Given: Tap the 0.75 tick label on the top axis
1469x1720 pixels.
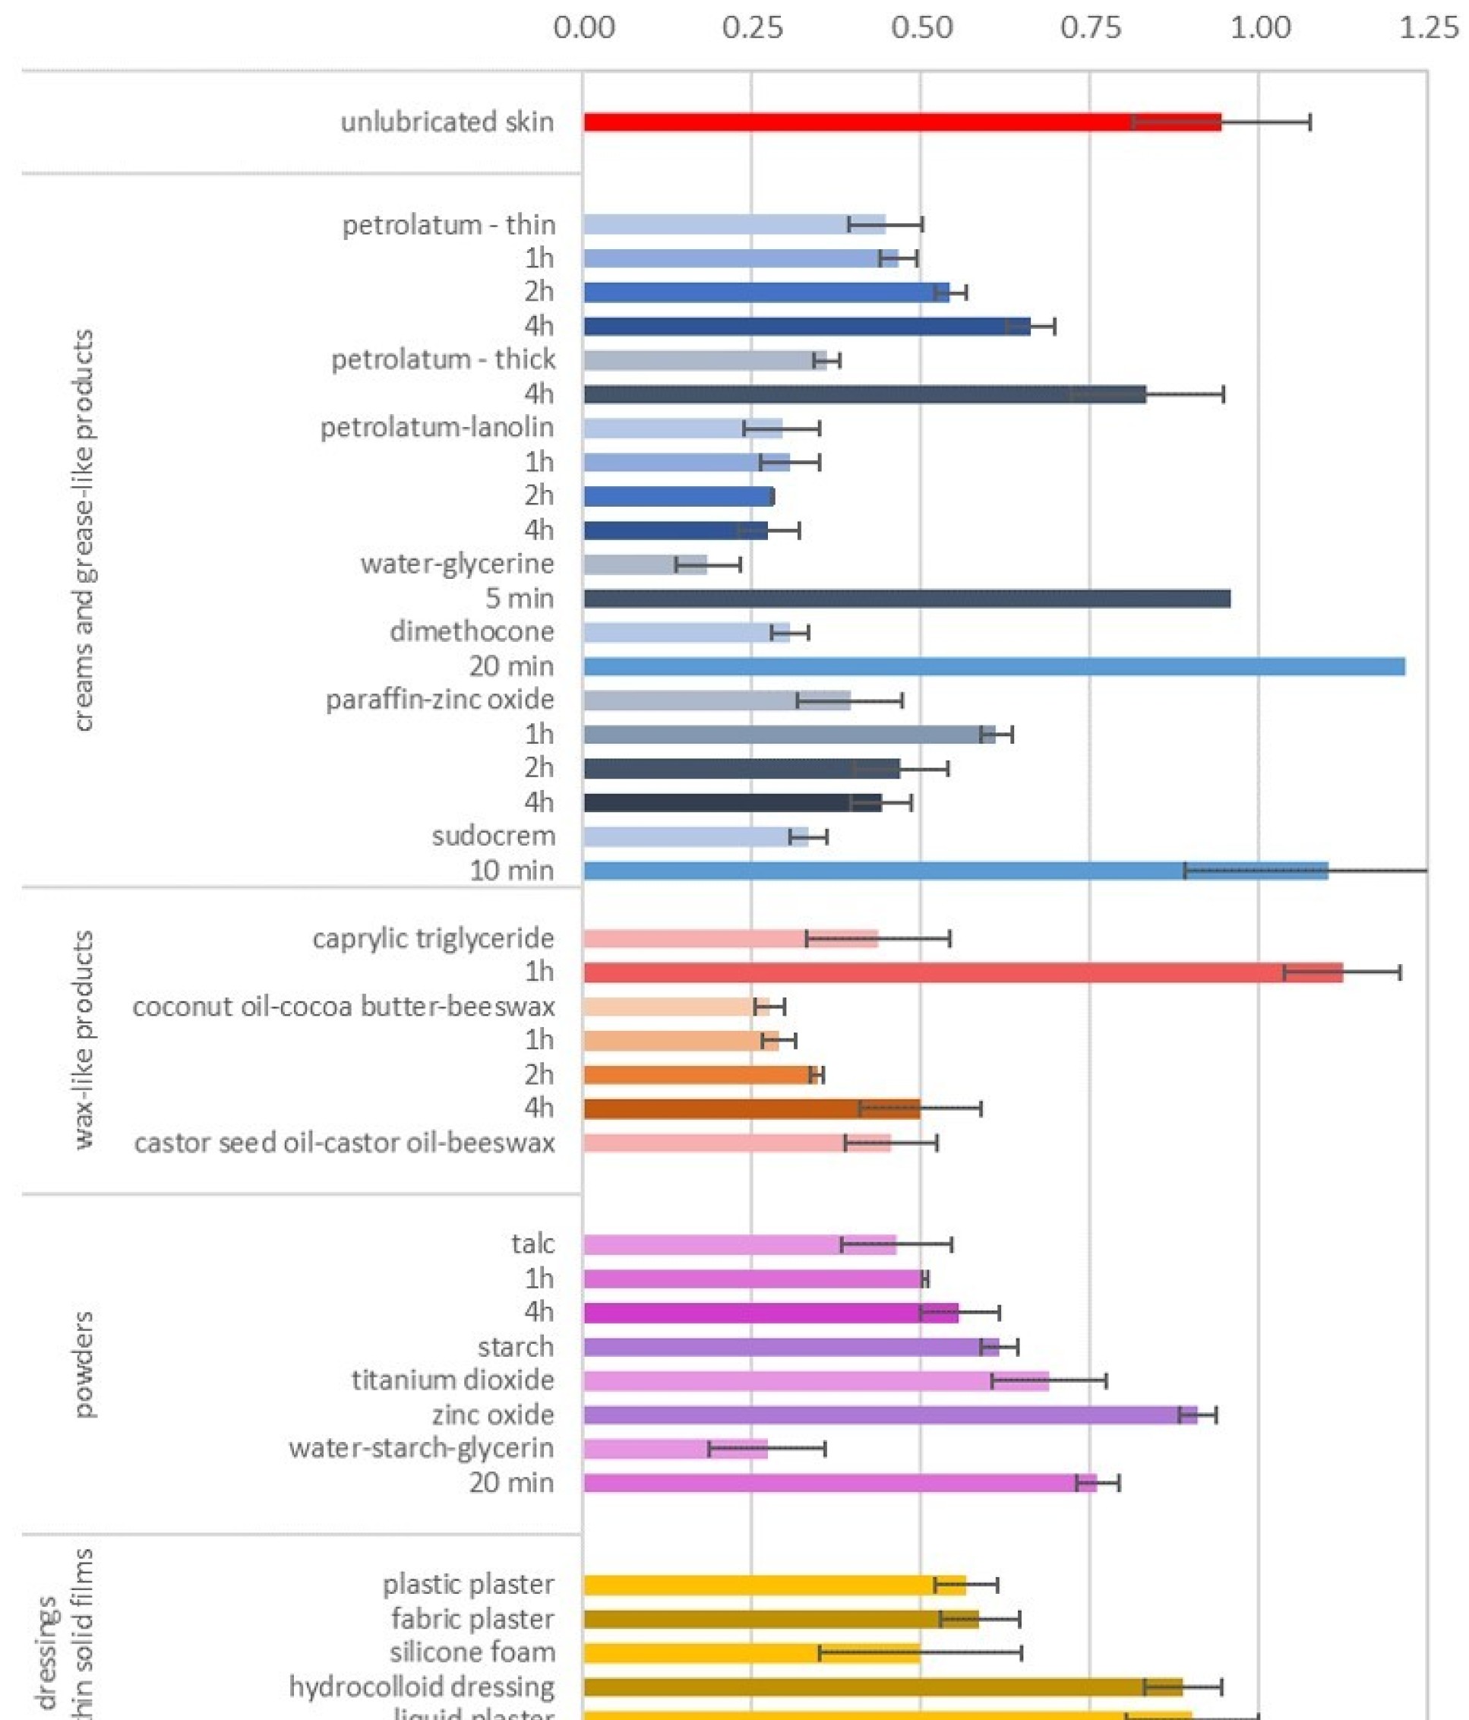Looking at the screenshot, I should (x=1091, y=28).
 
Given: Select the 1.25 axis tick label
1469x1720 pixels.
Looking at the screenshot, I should (x=1427, y=28).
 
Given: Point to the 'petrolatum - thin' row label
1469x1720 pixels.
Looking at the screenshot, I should (x=448, y=225).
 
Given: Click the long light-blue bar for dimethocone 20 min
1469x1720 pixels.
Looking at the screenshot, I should (x=994, y=666).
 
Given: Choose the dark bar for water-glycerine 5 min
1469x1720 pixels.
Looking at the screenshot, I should (x=906, y=599).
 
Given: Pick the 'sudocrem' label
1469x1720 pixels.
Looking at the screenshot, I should (x=493, y=836).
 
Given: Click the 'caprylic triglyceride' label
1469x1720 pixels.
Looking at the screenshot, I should (x=433, y=938).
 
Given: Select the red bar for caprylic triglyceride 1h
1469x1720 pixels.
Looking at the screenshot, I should (x=962, y=972).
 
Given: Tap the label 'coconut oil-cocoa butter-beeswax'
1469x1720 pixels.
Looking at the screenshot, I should (x=343, y=1006).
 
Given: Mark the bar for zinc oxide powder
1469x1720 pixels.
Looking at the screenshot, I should (x=889, y=1415).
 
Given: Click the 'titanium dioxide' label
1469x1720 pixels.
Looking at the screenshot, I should (x=452, y=1380).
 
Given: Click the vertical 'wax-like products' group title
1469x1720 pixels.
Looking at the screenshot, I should (x=83, y=1039).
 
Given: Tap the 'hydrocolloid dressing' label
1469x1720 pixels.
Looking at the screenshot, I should (x=422, y=1687).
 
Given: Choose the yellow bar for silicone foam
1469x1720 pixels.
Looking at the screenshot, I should (x=751, y=1652).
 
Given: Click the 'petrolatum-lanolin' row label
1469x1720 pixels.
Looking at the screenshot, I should (x=438, y=428).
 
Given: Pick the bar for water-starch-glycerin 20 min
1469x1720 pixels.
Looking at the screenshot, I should (x=839, y=1482).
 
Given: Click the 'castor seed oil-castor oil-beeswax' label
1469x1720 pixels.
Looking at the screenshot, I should (x=344, y=1143).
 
